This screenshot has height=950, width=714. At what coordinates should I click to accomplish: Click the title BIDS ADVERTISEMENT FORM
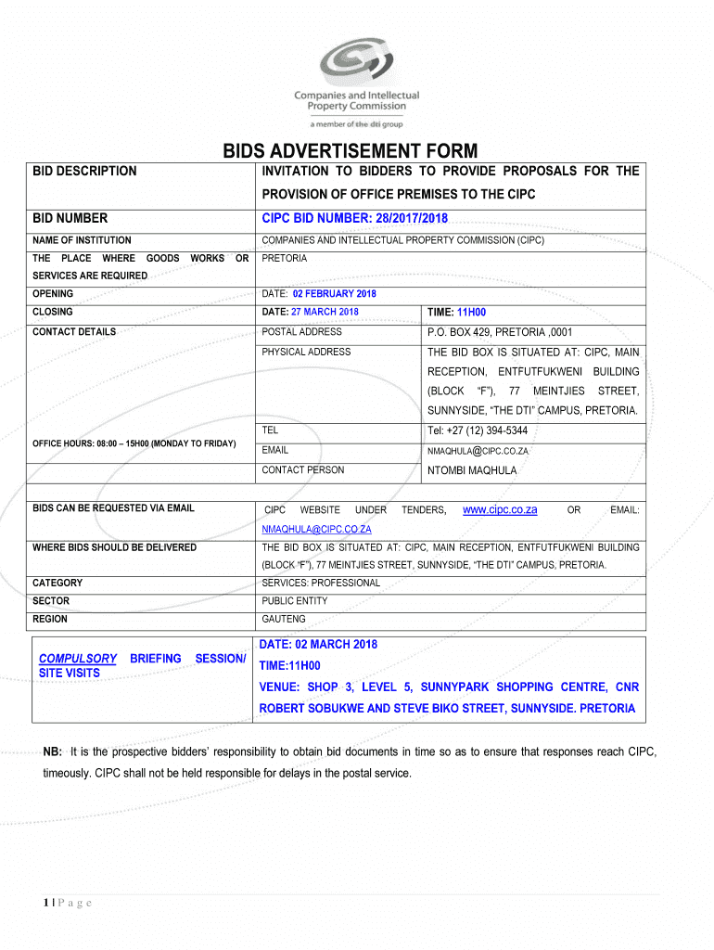tap(350, 151)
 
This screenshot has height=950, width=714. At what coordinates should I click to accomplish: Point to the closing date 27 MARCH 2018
tap(324, 312)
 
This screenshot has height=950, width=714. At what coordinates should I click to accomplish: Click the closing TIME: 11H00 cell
tap(456, 313)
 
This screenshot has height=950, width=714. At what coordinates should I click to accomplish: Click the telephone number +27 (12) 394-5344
tap(477, 430)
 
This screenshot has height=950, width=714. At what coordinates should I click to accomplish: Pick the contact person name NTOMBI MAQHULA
tap(471, 470)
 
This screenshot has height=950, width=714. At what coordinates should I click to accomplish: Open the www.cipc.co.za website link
tap(500, 509)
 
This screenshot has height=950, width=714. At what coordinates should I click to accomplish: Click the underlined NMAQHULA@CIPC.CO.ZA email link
tap(316, 529)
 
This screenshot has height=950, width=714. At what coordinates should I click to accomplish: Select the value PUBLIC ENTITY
tap(295, 601)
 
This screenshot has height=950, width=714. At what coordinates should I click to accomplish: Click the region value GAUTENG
tap(284, 619)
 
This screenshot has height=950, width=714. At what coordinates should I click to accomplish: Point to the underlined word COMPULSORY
tap(77, 659)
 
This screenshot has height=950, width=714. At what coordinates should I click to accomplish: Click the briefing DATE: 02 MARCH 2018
tap(317, 645)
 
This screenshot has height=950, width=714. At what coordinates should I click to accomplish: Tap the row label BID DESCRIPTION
tap(84, 171)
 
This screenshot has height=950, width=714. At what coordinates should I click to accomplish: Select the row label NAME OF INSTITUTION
tap(82, 240)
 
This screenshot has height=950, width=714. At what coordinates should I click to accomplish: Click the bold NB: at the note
tap(52, 751)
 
